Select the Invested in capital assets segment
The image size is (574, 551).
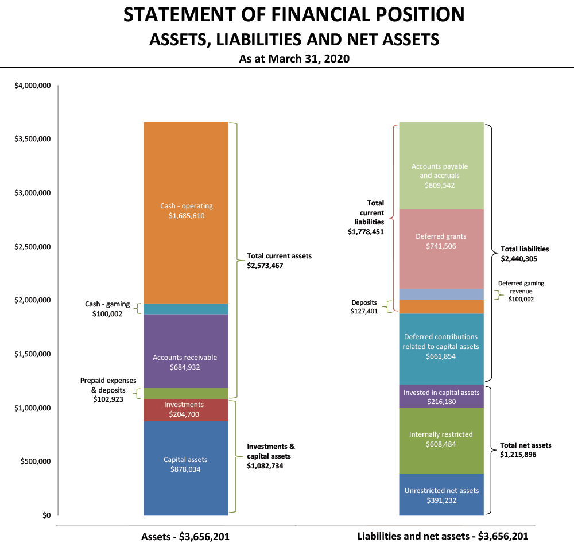point(441,397)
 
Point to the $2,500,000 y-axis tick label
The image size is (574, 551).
point(33,247)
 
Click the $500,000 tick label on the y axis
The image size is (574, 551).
point(35,461)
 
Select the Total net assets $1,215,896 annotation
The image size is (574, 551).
point(526,450)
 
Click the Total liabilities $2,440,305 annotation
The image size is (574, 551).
point(525,254)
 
